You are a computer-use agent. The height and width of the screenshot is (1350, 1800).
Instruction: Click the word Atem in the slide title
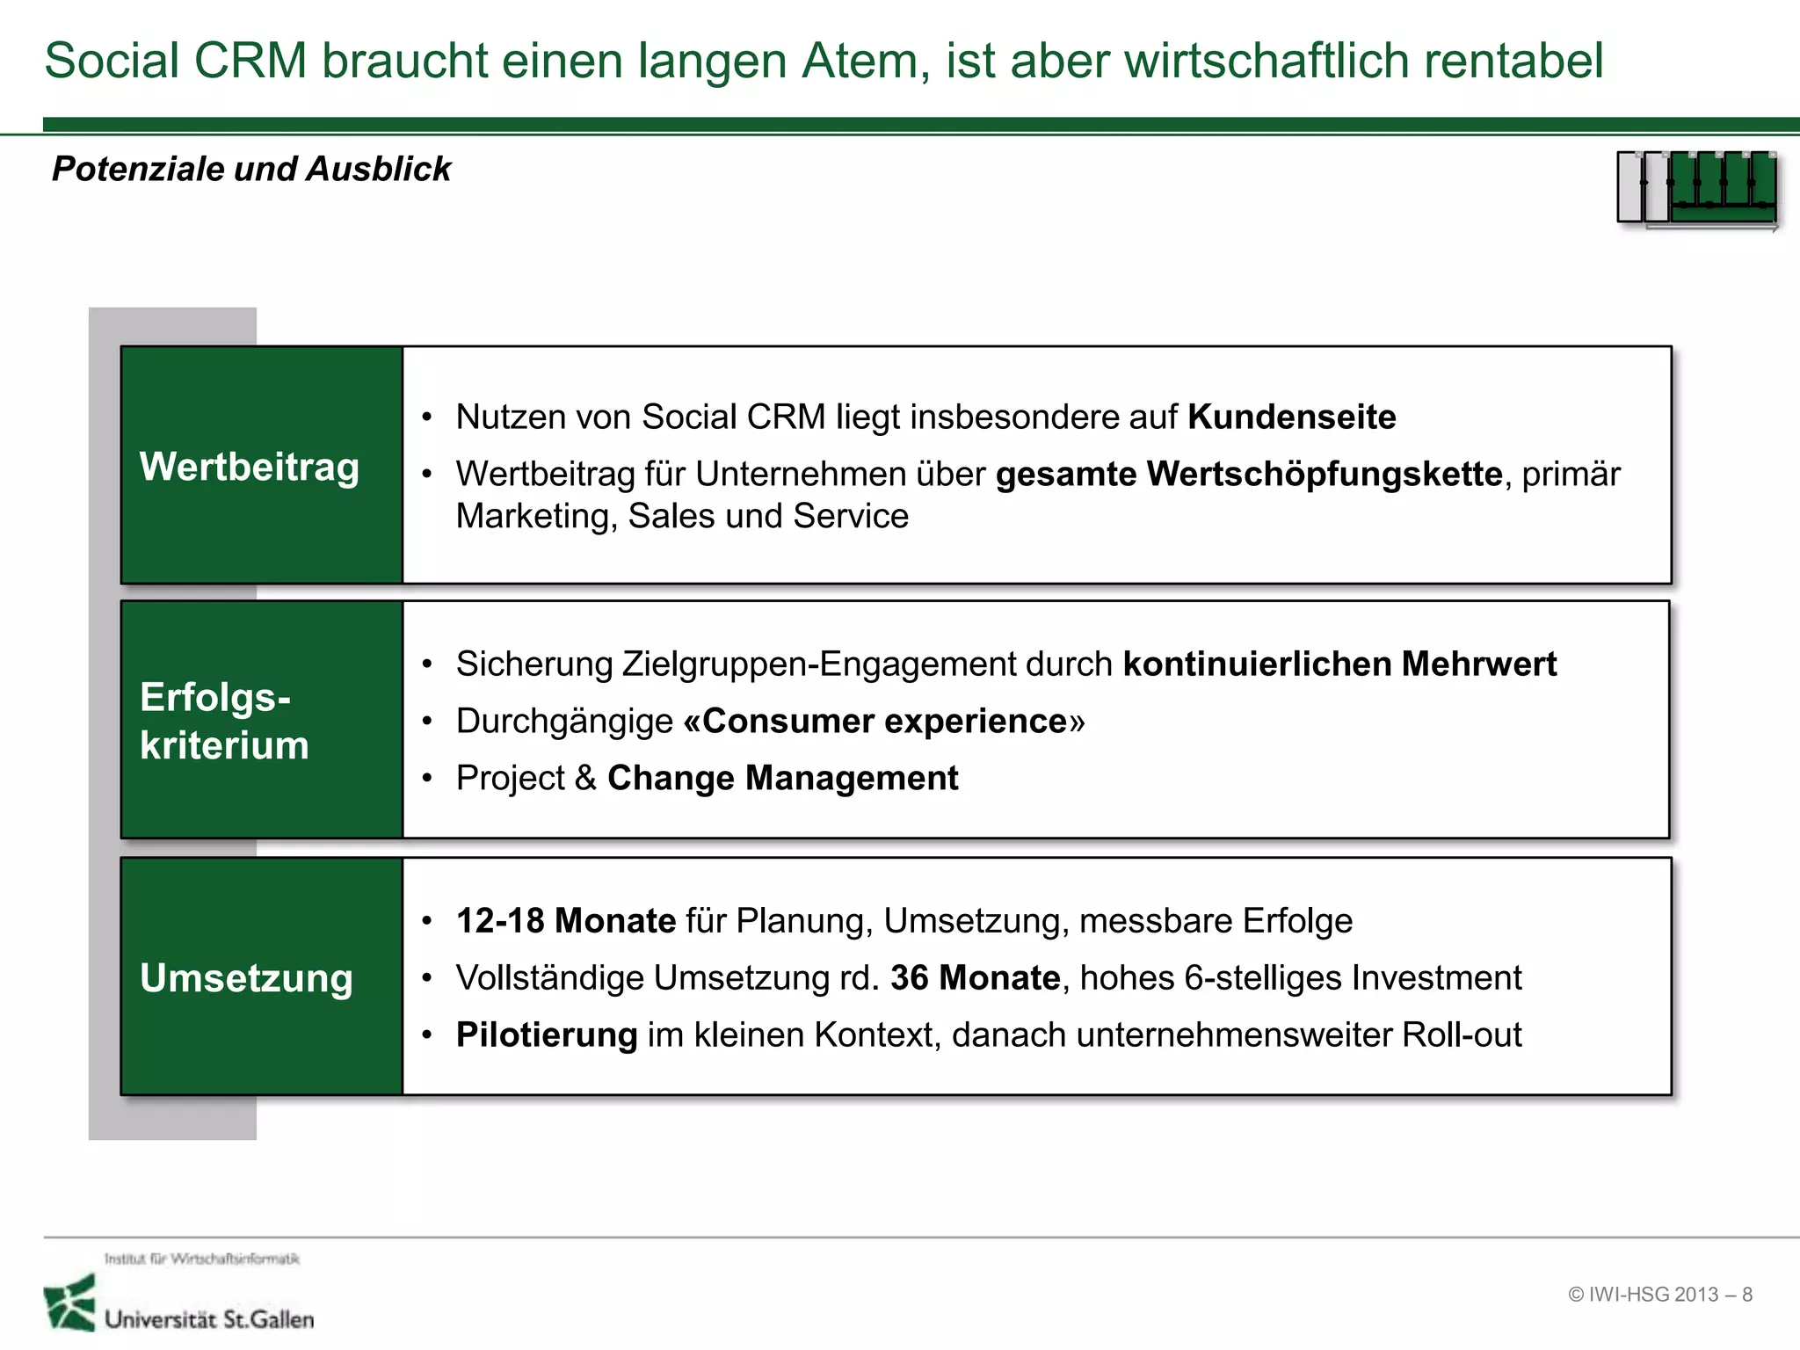(864, 62)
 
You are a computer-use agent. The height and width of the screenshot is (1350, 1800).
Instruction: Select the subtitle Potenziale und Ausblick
(251, 169)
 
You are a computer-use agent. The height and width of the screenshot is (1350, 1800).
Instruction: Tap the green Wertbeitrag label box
(261, 466)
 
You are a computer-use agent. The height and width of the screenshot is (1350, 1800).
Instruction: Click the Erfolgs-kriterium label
(225, 721)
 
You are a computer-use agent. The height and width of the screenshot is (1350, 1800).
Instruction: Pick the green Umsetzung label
(247, 978)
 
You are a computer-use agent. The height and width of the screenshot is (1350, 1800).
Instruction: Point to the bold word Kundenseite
(1291, 417)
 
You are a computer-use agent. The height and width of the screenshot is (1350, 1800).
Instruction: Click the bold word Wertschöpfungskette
(1324, 475)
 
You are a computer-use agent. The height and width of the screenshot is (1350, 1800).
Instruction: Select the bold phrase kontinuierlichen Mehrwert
(1339, 664)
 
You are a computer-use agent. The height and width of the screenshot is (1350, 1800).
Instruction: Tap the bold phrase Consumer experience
(884, 722)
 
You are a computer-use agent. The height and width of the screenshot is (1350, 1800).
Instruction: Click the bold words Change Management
(782, 779)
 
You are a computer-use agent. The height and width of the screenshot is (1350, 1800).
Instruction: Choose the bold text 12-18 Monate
(566, 921)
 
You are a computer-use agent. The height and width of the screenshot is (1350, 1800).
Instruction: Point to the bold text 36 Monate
(975, 978)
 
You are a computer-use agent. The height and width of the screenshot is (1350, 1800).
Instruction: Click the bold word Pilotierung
(547, 1035)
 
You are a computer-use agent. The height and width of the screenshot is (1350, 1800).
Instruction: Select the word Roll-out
(1462, 1035)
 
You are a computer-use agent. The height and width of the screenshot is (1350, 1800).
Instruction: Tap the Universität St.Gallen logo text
(209, 1319)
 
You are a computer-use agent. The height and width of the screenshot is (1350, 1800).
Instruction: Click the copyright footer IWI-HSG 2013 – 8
(1660, 1295)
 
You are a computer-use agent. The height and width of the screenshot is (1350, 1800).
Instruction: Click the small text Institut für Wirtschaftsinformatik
(202, 1259)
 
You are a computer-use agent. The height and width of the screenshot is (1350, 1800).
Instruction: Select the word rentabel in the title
(1513, 62)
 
